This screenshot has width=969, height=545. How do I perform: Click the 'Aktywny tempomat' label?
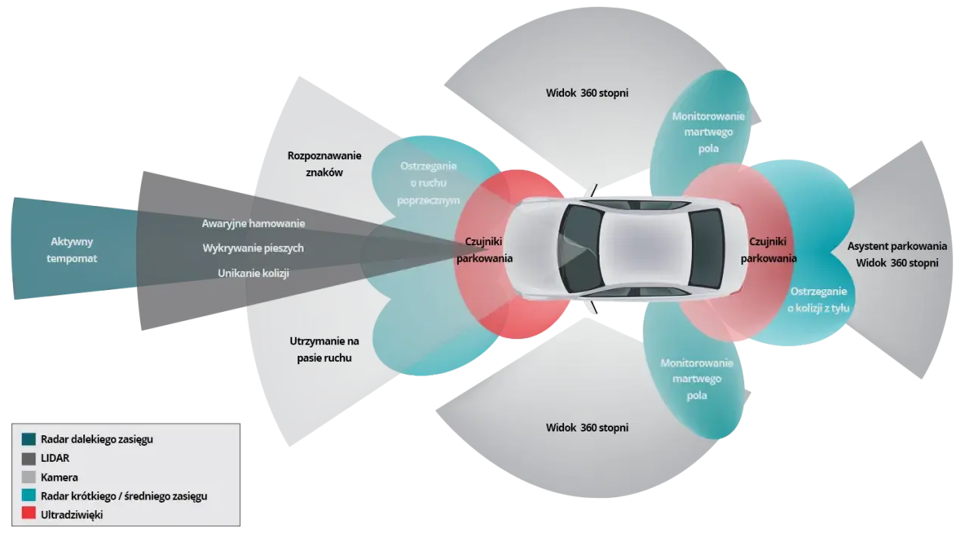click(x=72, y=250)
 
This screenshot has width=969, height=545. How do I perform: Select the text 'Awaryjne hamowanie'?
click(x=254, y=223)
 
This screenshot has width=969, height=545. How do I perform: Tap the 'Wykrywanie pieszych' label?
click(x=253, y=248)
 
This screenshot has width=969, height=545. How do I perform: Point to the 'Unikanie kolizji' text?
click(x=254, y=273)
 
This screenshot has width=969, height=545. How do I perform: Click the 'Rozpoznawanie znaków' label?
click(x=325, y=164)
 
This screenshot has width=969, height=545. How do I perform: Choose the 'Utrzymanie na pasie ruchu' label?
click(x=325, y=350)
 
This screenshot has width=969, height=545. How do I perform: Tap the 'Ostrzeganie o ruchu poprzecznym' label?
click(x=428, y=183)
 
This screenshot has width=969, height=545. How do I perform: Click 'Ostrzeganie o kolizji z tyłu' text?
click(x=818, y=300)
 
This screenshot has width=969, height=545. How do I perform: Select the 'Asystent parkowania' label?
click(x=897, y=246)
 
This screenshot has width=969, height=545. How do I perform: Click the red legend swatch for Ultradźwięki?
click(x=29, y=513)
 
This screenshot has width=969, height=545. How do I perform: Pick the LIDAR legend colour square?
click(x=29, y=459)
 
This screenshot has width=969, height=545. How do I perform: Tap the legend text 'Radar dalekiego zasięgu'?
click(x=97, y=440)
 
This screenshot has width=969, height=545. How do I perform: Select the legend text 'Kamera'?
click(x=59, y=478)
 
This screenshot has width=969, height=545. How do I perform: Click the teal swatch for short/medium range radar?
click(x=29, y=495)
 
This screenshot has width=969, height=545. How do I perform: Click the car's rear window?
click(x=706, y=249)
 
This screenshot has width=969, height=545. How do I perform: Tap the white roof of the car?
click(x=644, y=249)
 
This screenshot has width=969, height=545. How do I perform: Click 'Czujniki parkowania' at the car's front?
click(x=484, y=250)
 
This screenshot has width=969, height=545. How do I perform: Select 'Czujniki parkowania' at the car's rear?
click(x=768, y=250)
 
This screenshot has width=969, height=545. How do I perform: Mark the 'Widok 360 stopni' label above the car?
click(x=587, y=93)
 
